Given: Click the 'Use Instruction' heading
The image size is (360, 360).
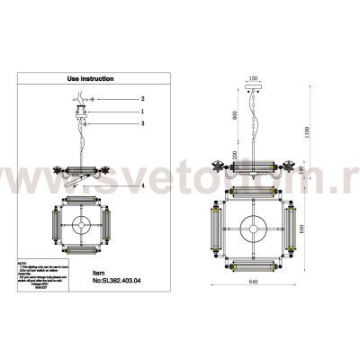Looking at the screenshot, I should coord(93,79).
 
